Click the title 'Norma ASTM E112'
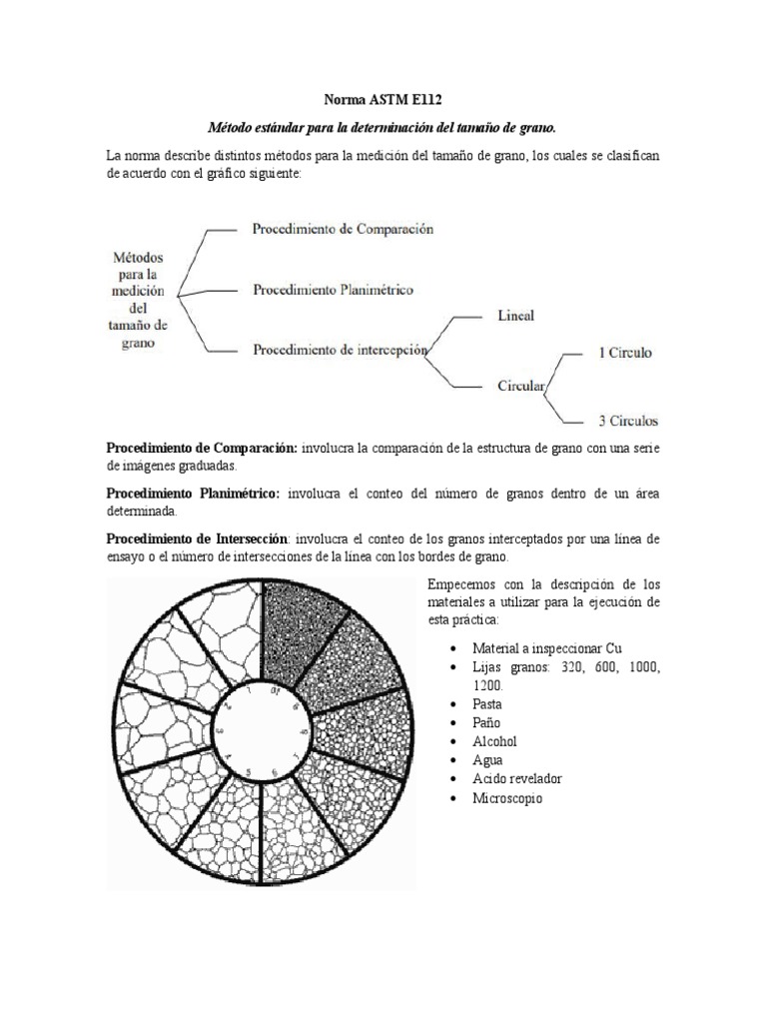[383, 100]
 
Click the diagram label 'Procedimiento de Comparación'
[343, 229]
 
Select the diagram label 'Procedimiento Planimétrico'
[333, 290]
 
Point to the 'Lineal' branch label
[515, 316]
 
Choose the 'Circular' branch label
[520, 386]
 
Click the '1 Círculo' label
[625, 353]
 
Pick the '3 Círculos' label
[627, 420]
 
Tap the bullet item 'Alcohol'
[495, 741]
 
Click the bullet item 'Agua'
[489, 760]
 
